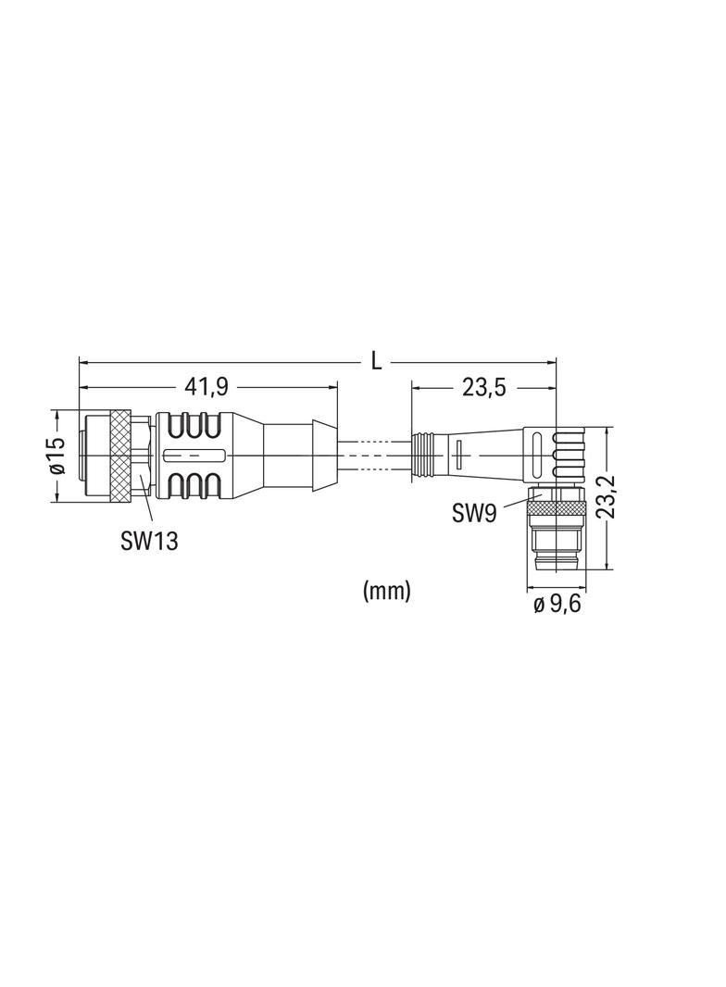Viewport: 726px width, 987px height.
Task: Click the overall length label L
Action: coord(377,361)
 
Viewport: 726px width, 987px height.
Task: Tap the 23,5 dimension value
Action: coord(484,388)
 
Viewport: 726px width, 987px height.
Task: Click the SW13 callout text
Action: coord(148,541)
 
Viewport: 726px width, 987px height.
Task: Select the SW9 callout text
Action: coord(474,514)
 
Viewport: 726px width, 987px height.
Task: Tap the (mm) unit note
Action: coord(386,591)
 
